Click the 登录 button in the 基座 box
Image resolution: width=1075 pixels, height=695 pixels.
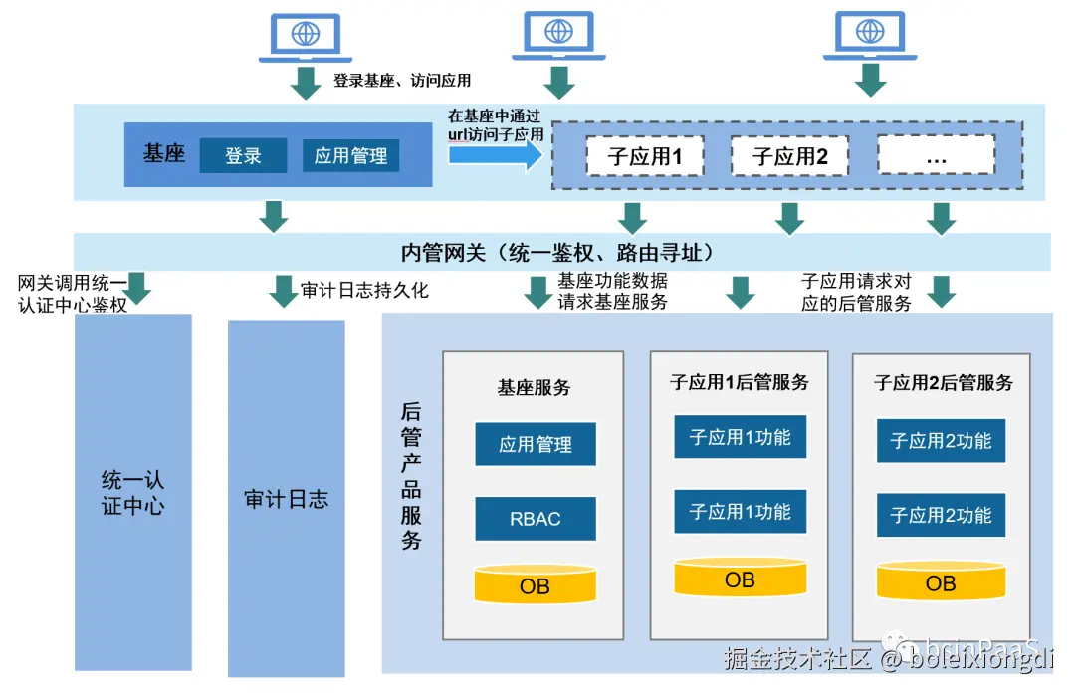pos(243,156)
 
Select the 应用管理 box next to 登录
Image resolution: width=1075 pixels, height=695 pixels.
pos(350,156)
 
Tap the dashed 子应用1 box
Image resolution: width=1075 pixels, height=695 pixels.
pos(644,156)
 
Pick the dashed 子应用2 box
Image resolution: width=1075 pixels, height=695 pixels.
pos(790,156)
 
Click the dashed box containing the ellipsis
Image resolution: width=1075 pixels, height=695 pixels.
pos(936,156)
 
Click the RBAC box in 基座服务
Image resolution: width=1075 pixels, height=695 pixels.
pos(536,519)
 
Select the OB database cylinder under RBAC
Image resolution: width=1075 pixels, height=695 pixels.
pos(536,584)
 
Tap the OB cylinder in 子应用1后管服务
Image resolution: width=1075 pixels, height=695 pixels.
pos(740,579)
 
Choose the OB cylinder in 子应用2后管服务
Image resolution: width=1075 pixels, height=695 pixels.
pos(941,581)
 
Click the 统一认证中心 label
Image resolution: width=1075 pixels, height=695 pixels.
pos(132,493)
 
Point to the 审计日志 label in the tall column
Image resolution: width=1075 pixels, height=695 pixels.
pos(286,499)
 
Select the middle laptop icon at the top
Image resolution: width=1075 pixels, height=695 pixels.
pos(558,36)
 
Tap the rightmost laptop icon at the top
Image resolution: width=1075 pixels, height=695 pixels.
pos(870,36)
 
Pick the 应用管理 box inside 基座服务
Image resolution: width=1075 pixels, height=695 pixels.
pos(536,444)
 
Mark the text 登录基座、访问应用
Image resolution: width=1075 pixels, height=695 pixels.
pos(402,81)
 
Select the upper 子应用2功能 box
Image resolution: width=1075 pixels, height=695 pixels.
pos(941,440)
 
